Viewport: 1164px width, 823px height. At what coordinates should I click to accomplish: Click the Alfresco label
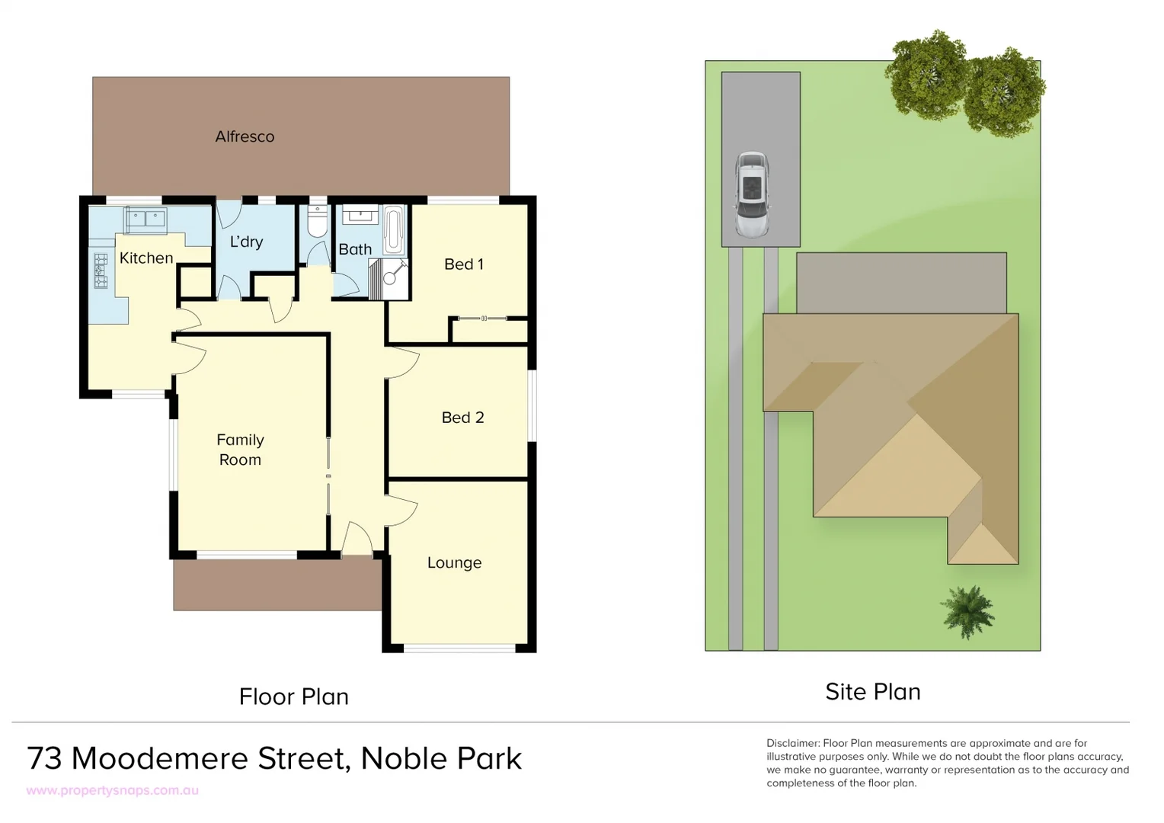pos(245,137)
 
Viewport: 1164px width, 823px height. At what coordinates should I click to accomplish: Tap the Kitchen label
pos(146,258)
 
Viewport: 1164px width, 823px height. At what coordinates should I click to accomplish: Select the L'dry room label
pos(246,242)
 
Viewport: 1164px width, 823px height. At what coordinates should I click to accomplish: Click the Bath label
pos(355,250)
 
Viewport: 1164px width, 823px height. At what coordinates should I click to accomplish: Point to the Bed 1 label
pos(463,264)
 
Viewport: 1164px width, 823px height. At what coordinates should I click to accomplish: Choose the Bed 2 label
pos(462,418)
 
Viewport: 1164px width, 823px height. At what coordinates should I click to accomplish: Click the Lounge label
pos(454,563)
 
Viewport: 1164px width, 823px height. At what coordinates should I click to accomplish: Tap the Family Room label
pos(240,450)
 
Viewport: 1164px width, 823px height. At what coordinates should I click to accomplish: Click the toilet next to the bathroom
pos(318,222)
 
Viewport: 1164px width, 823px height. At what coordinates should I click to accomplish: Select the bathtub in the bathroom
pos(394,229)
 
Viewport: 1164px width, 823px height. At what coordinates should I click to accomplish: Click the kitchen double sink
pos(145,219)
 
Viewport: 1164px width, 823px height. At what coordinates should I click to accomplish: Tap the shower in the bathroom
pos(389,277)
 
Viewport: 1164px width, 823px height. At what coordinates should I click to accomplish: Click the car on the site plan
pos(752,194)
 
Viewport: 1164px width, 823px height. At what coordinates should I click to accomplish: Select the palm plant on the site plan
pos(967,611)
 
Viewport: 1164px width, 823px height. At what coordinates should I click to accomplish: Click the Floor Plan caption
pos(293,697)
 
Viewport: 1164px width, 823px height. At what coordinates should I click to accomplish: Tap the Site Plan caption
pos(873,692)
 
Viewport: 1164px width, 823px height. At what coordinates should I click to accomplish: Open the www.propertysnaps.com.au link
pos(113,791)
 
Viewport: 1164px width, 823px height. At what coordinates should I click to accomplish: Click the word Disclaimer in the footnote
pos(792,743)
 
